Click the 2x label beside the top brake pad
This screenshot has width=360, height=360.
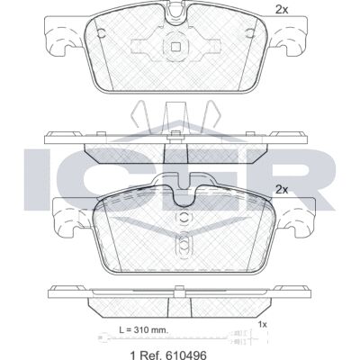click(282, 10)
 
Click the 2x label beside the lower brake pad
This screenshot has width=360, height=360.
click(282, 190)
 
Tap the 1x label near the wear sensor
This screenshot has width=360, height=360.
click(263, 324)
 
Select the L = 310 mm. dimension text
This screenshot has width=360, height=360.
click(144, 330)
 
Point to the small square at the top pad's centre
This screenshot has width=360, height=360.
click(175, 46)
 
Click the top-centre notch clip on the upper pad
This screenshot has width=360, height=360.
click(176, 14)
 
